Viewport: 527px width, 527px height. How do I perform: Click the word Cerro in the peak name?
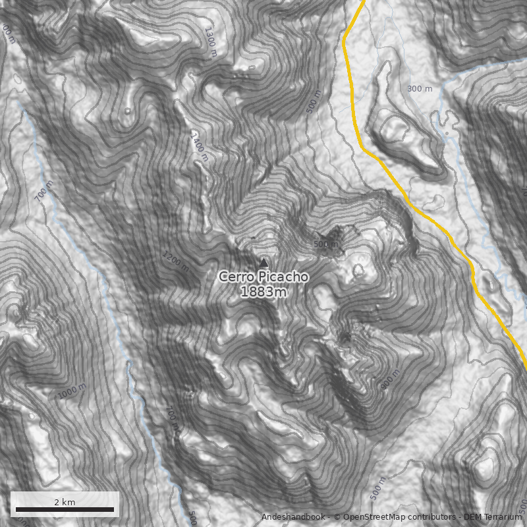[x=237, y=277]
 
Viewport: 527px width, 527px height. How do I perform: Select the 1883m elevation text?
[x=263, y=292]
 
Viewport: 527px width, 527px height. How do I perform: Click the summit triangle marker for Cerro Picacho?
[x=264, y=262]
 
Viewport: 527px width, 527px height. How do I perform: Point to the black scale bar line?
[x=65, y=510]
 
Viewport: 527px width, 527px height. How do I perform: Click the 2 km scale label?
[x=65, y=502]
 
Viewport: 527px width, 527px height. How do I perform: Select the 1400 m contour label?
[x=199, y=145]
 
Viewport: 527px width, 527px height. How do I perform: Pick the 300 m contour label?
[x=420, y=89]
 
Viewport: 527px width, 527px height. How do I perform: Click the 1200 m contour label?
[x=175, y=261]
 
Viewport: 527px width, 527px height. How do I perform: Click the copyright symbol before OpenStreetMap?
[x=337, y=517]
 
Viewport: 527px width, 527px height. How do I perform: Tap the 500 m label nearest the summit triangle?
[x=326, y=244]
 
